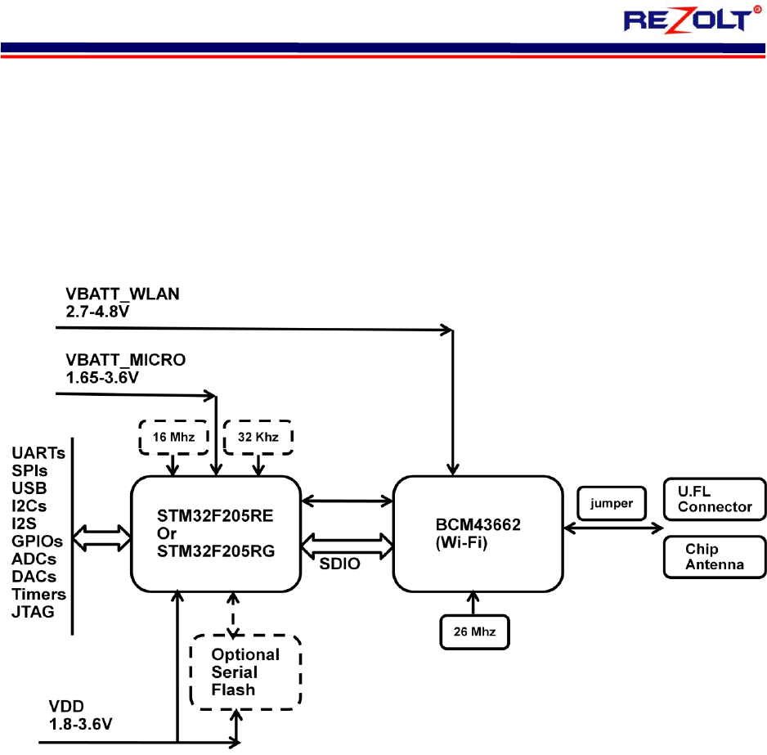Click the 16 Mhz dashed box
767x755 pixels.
(173, 437)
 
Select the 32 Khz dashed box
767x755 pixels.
(259, 437)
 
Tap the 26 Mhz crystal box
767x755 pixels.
(472, 631)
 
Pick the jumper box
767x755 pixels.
(611, 503)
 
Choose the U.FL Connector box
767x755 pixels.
(715, 499)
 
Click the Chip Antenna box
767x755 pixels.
(715, 557)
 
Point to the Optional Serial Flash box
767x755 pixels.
(245, 672)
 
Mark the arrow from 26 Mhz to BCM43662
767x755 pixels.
(472, 603)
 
